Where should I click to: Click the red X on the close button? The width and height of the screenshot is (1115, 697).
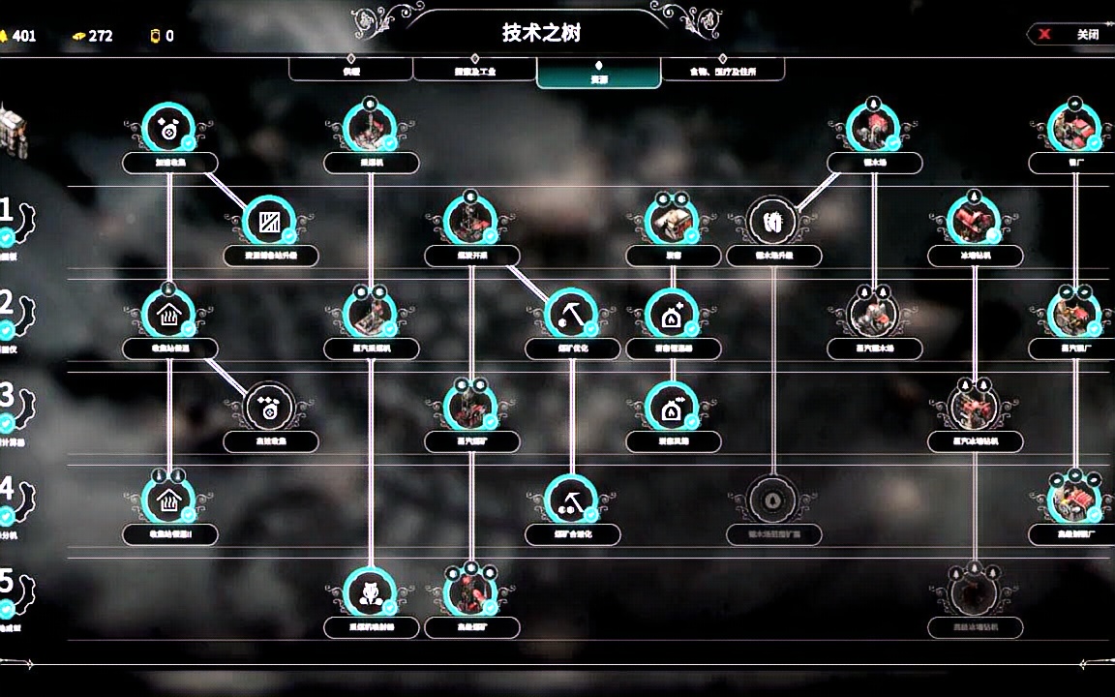click(x=1045, y=34)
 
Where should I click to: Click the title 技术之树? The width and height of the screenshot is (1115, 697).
click(x=541, y=33)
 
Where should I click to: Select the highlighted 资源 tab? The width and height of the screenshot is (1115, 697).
click(x=598, y=75)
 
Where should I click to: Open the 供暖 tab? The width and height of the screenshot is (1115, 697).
click(x=350, y=71)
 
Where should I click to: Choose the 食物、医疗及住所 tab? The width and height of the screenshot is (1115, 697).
click(x=722, y=71)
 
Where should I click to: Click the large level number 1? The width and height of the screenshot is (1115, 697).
click(x=7, y=211)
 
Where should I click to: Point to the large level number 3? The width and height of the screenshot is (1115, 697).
click(x=7, y=396)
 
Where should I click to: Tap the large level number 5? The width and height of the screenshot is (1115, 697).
click(x=7, y=583)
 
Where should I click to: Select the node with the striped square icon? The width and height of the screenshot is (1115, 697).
click(x=270, y=222)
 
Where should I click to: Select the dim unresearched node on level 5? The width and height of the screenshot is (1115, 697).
click(x=975, y=592)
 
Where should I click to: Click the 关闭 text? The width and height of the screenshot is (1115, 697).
click(x=1088, y=34)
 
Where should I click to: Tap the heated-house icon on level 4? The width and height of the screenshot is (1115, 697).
click(x=169, y=500)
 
